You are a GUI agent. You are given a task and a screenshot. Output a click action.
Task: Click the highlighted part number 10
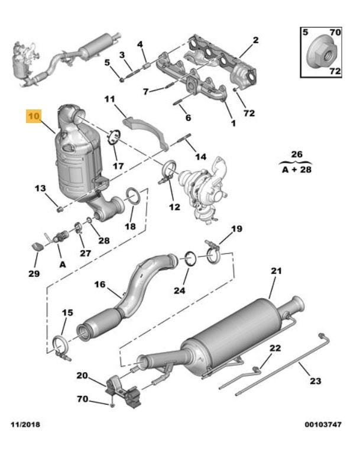[33, 116]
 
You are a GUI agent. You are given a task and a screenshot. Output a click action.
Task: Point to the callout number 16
[99, 285]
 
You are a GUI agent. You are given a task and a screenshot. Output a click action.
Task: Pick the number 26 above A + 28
[297, 155]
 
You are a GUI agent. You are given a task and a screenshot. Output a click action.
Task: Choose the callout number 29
[34, 273]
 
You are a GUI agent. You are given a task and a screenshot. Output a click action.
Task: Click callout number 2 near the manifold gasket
[255, 40]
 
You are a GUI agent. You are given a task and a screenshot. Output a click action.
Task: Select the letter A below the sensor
[62, 264]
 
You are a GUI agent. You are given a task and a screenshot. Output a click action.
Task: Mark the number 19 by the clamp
[236, 229]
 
